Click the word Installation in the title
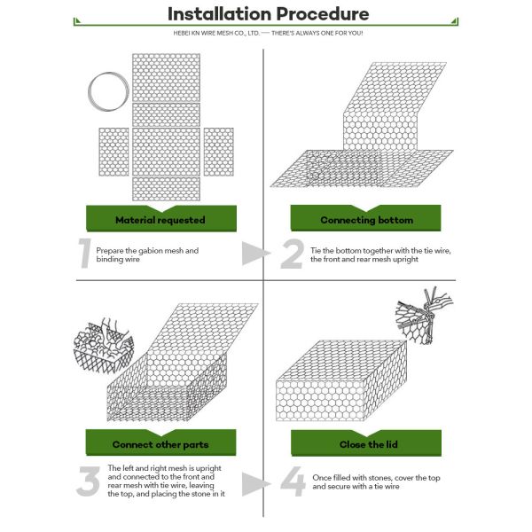tap(220, 14)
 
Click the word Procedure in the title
tap(323, 14)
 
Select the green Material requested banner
tap(161, 218)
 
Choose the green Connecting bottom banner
tap(365, 218)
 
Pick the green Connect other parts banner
tap(160, 442)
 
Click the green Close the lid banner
tap(366, 442)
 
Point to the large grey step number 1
tap(85, 253)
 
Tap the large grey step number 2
tap(292, 254)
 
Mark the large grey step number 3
tap(88, 481)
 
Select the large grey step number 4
tap(293, 481)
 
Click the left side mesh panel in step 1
tap(114, 152)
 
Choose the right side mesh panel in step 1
tap(218, 152)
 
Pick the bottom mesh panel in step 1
tap(167, 189)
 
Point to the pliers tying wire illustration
tap(424, 316)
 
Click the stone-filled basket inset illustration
tap(104, 346)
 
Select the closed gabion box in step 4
tap(341, 380)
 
